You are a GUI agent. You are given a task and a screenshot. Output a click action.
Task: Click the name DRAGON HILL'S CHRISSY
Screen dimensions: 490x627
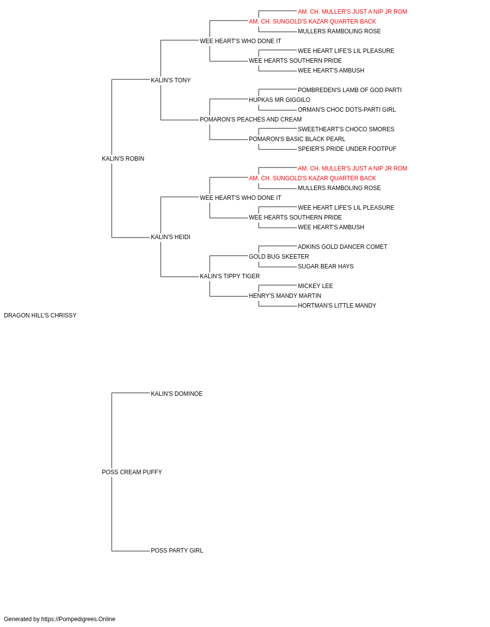(40, 315)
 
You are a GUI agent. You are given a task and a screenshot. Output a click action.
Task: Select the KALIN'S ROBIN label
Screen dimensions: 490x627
(123, 159)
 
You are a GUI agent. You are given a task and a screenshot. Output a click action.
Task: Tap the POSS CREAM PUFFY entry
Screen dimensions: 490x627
(132, 472)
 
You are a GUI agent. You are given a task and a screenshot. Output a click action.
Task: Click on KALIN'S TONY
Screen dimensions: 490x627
(171, 80)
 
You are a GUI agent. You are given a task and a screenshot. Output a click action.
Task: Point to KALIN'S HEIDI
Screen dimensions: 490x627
(170, 237)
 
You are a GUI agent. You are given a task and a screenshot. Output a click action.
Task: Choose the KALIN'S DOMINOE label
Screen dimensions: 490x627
(176, 393)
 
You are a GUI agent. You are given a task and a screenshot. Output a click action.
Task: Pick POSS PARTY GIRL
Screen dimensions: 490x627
(177, 550)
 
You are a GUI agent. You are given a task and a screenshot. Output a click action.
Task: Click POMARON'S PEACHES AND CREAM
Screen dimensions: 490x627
(250, 120)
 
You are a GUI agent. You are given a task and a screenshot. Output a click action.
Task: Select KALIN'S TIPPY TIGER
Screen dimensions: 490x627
(230, 276)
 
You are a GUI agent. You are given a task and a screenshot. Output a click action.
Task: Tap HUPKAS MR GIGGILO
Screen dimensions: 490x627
(279, 100)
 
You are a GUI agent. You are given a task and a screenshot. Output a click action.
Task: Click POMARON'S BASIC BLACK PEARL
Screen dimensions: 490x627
(297, 139)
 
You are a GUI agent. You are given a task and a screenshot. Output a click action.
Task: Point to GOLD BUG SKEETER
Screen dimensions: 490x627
(279, 257)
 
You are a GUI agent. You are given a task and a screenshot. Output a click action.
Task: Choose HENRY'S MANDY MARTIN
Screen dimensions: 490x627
(285, 296)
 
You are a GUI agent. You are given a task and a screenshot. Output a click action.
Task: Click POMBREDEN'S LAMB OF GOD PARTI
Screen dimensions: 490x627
(349, 90)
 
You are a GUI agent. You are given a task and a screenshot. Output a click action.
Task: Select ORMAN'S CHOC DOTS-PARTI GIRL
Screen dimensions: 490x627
(346, 110)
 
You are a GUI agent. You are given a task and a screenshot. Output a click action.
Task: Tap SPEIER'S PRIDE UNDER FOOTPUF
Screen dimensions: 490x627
(347, 149)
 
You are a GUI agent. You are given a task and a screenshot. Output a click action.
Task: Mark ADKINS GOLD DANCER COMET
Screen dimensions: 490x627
(342, 247)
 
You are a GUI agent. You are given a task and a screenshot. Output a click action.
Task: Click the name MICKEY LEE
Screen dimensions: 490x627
(315, 286)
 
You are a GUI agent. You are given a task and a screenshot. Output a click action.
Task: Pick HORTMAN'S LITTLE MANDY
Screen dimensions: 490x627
(337, 306)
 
